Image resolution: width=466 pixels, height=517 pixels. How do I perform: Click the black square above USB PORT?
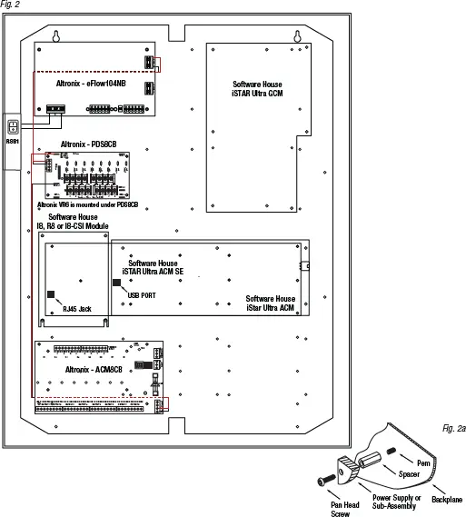[117, 283]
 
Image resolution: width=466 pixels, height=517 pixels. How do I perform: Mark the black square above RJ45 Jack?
[53, 295]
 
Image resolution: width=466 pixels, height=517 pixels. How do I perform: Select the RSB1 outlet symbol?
[12, 128]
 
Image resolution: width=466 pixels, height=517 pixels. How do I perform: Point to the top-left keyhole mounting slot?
[56, 36]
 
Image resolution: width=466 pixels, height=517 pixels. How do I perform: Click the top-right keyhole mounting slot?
[296, 36]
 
